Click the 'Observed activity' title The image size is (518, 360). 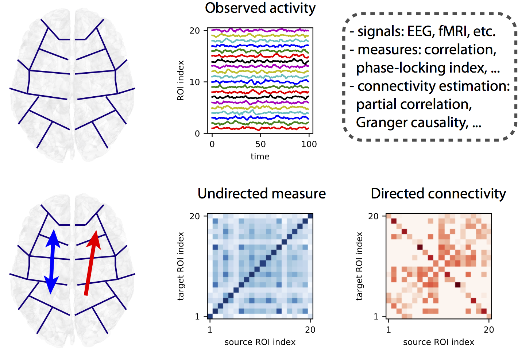click(x=260, y=8)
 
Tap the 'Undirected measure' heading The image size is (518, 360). click(x=262, y=194)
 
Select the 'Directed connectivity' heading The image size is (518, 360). click(x=438, y=194)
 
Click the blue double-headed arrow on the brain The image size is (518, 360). click(x=52, y=262)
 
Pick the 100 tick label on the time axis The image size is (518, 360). click(x=309, y=144)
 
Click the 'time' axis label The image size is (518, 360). click(x=260, y=156)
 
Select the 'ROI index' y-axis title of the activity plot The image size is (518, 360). click(x=180, y=81)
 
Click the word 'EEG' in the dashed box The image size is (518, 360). click(x=418, y=31)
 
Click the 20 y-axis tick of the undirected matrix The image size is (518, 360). click(x=194, y=216)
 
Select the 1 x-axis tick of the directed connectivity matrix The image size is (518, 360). click(x=388, y=329)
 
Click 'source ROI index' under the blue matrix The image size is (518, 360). click(x=260, y=342)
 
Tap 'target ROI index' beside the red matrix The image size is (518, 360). click(x=359, y=266)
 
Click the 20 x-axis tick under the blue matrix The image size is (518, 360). click(x=310, y=329)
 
